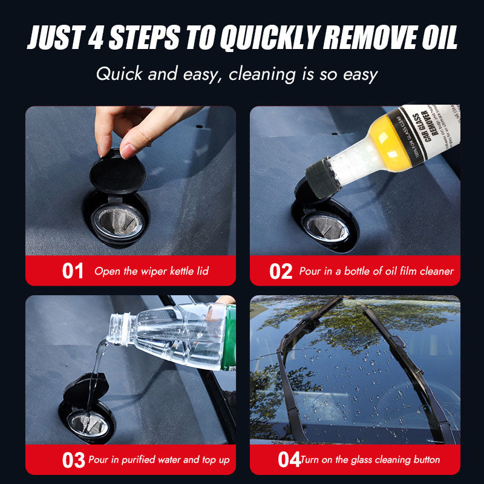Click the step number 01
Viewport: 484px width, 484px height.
tap(73, 271)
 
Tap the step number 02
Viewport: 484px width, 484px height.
tap(281, 271)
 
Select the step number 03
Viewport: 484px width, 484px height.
tap(73, 460)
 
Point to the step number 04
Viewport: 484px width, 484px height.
tap(289, 460)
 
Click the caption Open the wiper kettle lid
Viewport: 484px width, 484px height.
tap(151, 271)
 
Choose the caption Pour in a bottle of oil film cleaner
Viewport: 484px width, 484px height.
tap(376, 271)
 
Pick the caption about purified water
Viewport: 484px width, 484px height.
tap(159, 460)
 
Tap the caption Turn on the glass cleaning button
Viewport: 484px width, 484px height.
tap(370, 460)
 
